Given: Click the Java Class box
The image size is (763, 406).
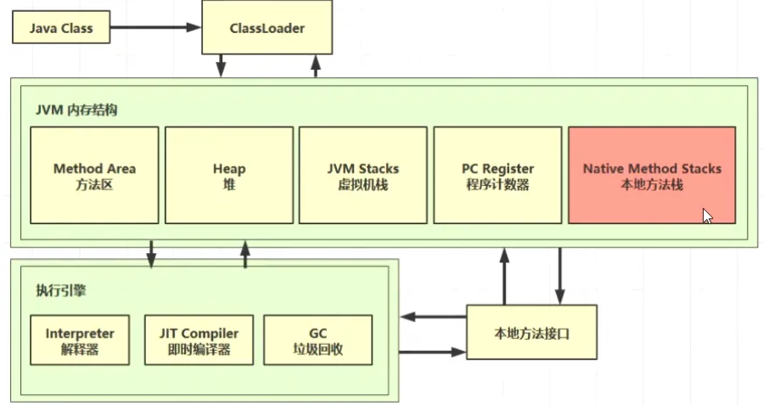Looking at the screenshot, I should [60, 29].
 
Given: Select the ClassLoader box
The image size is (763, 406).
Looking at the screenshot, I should [266, 29].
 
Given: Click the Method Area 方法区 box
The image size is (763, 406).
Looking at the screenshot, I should [94, 175].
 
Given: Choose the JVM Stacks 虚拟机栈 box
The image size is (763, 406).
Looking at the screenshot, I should [362, 175].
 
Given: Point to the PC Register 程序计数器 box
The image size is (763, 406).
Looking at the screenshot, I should [497, 175].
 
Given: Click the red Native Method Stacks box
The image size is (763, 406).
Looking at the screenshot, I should [651, 175].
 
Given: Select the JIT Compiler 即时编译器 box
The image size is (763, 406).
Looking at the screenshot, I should [199, 340].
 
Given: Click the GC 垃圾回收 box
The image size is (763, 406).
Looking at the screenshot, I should [317, 340].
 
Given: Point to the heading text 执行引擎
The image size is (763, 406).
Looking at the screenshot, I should [61, 290].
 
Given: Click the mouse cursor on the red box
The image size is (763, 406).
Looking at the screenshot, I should [707, 216].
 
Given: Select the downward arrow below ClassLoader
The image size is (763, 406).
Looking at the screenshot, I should [221, 66].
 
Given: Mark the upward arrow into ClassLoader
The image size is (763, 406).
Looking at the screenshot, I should [315, 66].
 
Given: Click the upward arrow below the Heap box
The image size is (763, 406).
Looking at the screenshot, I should [245, 254].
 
